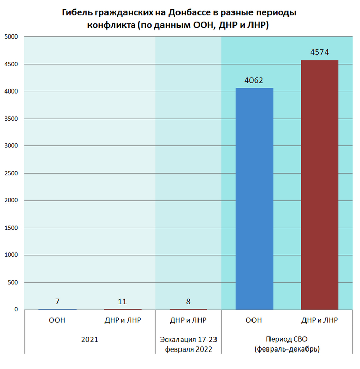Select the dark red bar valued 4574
(x=319, y=185)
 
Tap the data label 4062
(x=254, y=80)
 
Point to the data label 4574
(x=319, y=52)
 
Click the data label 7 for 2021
(x=57, y=301)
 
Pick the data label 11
(x=122, y=301)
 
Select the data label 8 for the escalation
(x=188, y=301)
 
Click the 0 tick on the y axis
(x=16, y=309)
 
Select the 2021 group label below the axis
(x=89, y=340)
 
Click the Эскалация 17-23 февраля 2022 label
(x=188, y=344)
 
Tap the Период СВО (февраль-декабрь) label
(x=286, y=344)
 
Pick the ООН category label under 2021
(x=57, y=320)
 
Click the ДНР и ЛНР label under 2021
(x=122, y=320)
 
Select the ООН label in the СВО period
(x=254, y=320)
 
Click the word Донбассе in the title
(x=182, y=12)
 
